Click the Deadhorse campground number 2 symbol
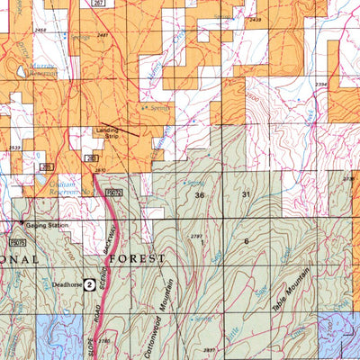90,282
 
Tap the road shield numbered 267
100,4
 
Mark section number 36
199,195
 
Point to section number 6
246,241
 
